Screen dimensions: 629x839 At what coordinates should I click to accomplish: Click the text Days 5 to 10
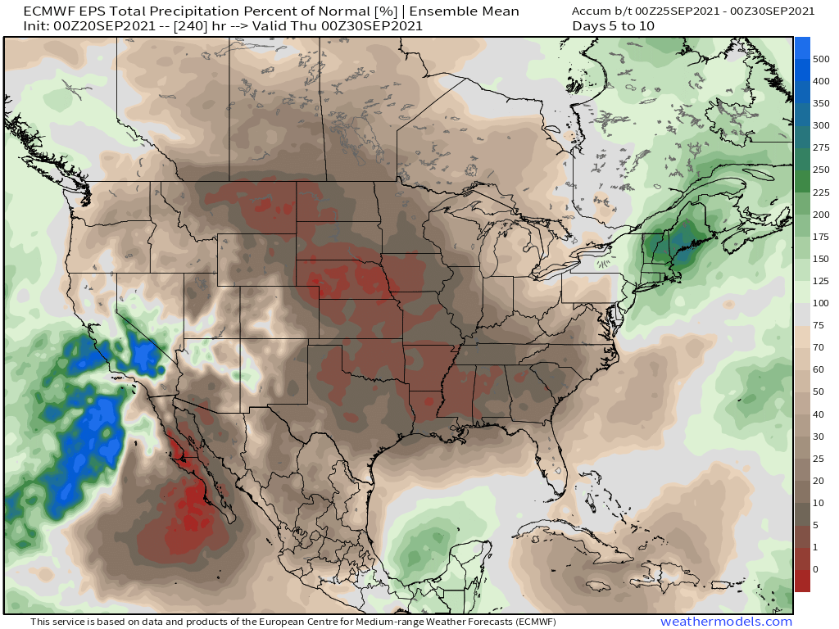(x=614, y=26)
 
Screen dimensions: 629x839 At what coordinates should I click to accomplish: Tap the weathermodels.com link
(x=726, y=622)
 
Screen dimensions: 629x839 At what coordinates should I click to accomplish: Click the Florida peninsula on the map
(x=551, y=459)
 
